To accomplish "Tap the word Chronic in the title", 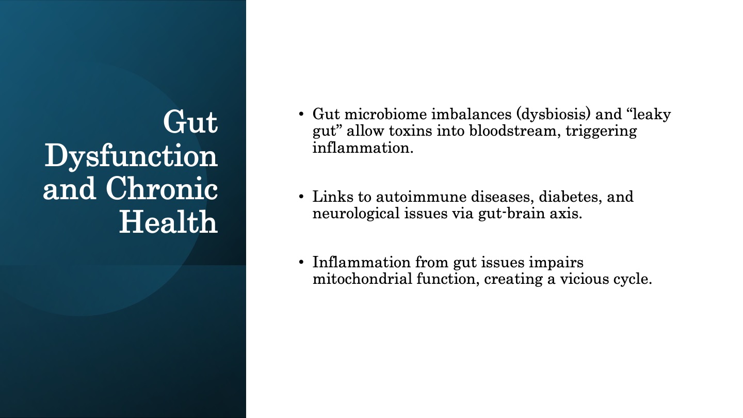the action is pyautogui.click(x=162, y=188).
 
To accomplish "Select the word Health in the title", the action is pyautogui.click(x=169, y=221).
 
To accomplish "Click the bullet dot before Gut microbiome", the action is pyautogui.click(x=301, y=114).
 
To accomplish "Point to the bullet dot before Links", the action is pyautogui.click(x=301, y=197).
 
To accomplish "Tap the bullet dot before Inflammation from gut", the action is pyautogui.click(x=301, y=262).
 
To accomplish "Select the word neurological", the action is pyautogui.click(x=356, y=214).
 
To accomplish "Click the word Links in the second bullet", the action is pyautogui.click(x=333, y=197).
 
